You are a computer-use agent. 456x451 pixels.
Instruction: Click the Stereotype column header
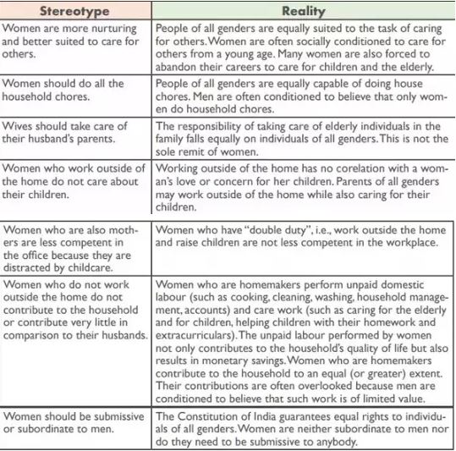pyautogui.click(x=75, y=11)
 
